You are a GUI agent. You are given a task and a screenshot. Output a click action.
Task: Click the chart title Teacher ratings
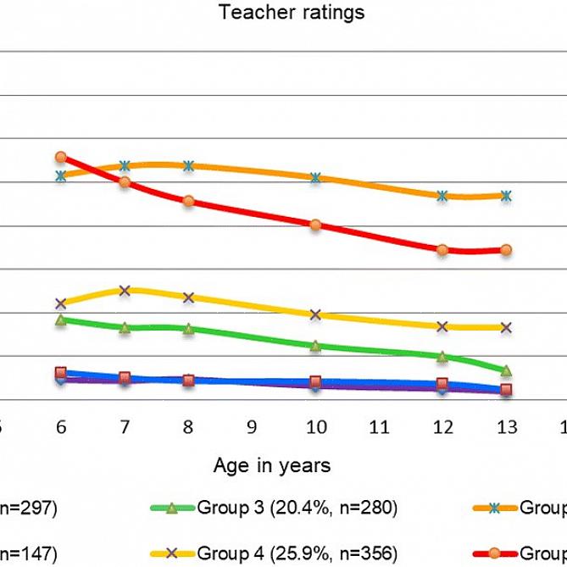coord(291,13)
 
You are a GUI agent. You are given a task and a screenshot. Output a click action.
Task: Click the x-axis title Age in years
coord(272,465)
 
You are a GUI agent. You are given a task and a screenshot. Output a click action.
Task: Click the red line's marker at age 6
coord(60,157)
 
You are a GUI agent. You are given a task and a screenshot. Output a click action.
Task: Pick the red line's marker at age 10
coord(315,225)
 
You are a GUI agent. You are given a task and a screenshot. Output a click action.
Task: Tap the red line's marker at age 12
coord(442,249)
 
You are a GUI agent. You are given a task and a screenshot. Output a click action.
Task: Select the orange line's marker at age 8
coord(188,165)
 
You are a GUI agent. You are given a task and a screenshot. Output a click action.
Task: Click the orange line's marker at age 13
coord(506,196)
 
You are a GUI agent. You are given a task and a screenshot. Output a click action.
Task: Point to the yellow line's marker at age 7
coord(125,290)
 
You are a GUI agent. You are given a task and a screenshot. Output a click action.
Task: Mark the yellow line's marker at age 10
coord(315,314)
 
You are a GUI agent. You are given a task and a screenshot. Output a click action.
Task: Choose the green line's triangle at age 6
coord(60,320)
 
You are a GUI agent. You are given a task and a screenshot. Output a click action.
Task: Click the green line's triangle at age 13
coord(506,370)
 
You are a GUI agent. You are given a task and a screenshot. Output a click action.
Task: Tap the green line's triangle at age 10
coord(315,346)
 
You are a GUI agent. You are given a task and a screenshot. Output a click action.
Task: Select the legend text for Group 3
coord(297,509)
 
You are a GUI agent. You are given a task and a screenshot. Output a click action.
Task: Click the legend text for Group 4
coord(297,554)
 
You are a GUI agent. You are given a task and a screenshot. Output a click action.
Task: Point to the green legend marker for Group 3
coord(171,509)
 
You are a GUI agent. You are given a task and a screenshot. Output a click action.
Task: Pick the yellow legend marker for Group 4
coord(171,554)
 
